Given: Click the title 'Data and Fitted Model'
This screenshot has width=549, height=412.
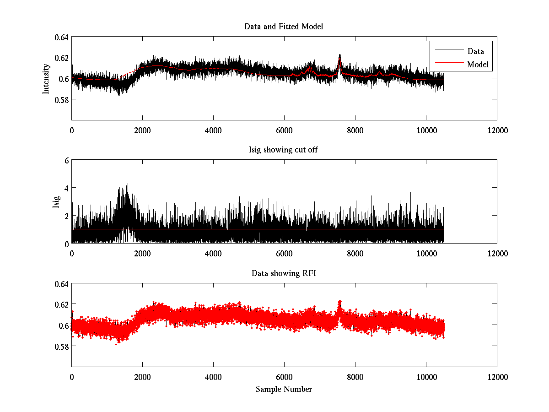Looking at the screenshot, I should click(284, 27).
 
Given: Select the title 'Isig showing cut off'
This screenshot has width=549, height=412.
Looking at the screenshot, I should click(284, 150).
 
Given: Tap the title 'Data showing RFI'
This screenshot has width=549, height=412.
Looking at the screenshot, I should click(284, 274).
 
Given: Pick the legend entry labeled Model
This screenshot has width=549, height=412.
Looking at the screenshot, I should click(478, 65).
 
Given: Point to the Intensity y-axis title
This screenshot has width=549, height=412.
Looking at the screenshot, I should click(46, 78).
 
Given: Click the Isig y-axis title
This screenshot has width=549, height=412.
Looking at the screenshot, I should click(56, 202).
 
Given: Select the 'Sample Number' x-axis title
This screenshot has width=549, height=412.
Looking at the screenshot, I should click(284, 389).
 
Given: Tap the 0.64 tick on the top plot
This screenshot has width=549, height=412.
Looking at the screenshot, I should click(61, 37).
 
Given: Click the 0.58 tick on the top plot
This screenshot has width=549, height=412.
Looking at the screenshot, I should click(61, 99).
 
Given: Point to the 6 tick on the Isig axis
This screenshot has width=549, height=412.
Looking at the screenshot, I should click(66, 161).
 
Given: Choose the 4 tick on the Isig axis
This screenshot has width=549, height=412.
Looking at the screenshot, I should click(66, 188).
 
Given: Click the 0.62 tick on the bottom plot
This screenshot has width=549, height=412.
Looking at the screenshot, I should click(61, 304).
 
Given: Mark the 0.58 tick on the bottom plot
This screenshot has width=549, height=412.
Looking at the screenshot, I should click(61, 347).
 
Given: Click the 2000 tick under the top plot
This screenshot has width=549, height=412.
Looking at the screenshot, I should click(142, 130).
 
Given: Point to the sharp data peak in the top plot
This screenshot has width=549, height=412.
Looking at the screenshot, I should click(339, 56).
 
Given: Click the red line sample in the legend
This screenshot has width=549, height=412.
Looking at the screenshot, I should click(448, 65).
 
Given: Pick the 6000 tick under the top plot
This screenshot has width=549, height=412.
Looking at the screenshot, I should click(284, 130).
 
